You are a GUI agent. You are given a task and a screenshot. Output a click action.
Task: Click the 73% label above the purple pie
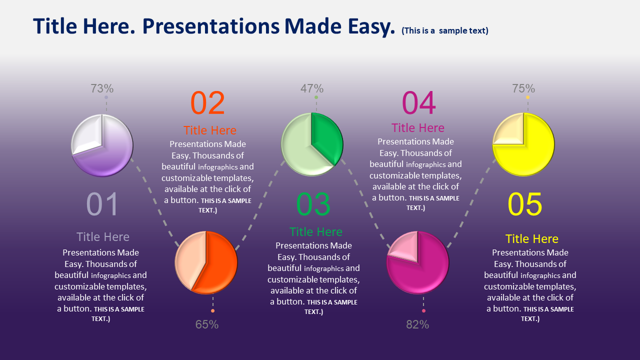coord(102,88)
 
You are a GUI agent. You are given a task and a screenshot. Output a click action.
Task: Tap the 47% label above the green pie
coord(311,88)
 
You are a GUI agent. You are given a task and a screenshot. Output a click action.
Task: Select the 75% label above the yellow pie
coord(523,88)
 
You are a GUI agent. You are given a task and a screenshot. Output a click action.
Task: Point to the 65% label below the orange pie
coord(207,324)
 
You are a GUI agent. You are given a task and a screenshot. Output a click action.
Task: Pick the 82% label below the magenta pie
coord(417,324)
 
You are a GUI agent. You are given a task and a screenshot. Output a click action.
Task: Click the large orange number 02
coord(207,103)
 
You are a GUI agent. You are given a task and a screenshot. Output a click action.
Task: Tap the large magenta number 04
coord(419,103)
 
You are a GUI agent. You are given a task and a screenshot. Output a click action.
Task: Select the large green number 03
coord(313,204)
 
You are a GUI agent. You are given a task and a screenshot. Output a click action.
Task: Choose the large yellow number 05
coord(525,204)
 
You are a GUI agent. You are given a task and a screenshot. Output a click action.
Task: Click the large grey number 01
coord(102,204)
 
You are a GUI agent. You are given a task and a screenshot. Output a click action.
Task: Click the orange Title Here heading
coord(209,130)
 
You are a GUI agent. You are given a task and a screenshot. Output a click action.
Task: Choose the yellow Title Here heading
coord(531,239)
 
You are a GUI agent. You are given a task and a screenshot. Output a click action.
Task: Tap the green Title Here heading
coord(315,231)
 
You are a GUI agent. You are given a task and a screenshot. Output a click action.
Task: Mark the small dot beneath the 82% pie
coord(423,310)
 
